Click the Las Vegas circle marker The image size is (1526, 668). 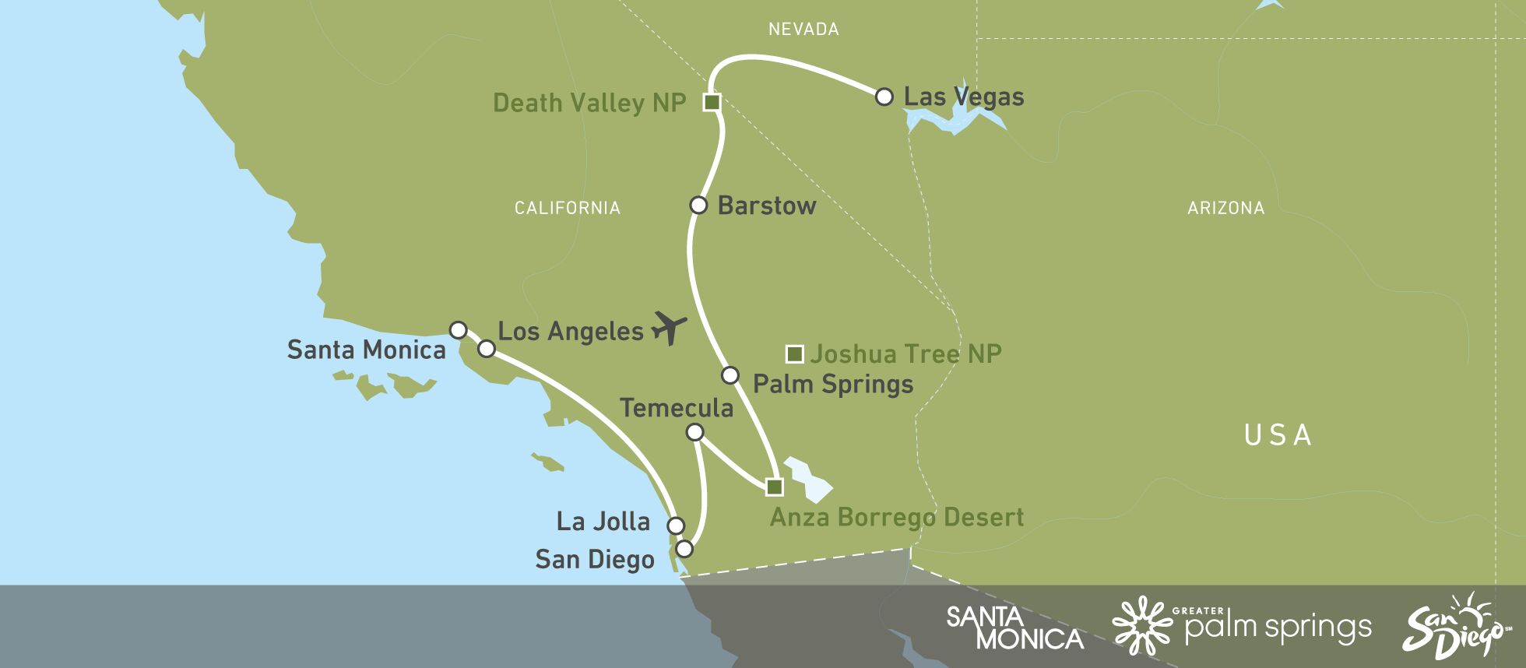pyautogui.click(x=884, y=97)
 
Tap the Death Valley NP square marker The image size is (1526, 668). pyautogui.click(x=712, y=102)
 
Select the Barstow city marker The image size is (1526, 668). pyautogui.click(x=698, y=206)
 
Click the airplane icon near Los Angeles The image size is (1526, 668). pyautogui.click(x=669, y=328)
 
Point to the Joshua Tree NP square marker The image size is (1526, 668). pyautogui.click(x=794, y=354)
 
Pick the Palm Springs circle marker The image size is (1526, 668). pyautogui.click(x=730, y=375)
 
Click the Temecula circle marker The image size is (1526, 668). pyautogui.click(x=695, y=432)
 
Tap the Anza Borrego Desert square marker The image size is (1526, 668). pyautogui.click(x=774, y=487)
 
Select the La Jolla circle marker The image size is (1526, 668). pyautogui.click(x=676, y=526)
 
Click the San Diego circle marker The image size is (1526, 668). pyautogui.click(x=684, y=549)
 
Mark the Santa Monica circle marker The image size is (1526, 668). pyautogui.click(x=459, y=330)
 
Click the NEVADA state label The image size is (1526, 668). pyautogui.click(x=803, y=30)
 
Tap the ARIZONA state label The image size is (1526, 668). pyautogui.click(x=1225, y=208)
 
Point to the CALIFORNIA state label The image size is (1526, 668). pyautogui.click(x=568, y=208)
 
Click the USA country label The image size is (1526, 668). pyautogui.click(x=1278, y=435)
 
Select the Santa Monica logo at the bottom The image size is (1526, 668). pyautogui.click(x=1014, y=628)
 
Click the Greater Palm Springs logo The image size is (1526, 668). pyautogui.click(x=1242, y=626)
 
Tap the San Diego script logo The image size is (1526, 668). pyautogui.click(x=1453, y=627)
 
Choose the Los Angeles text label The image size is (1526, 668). pyautogui.click(x=571, y=332)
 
